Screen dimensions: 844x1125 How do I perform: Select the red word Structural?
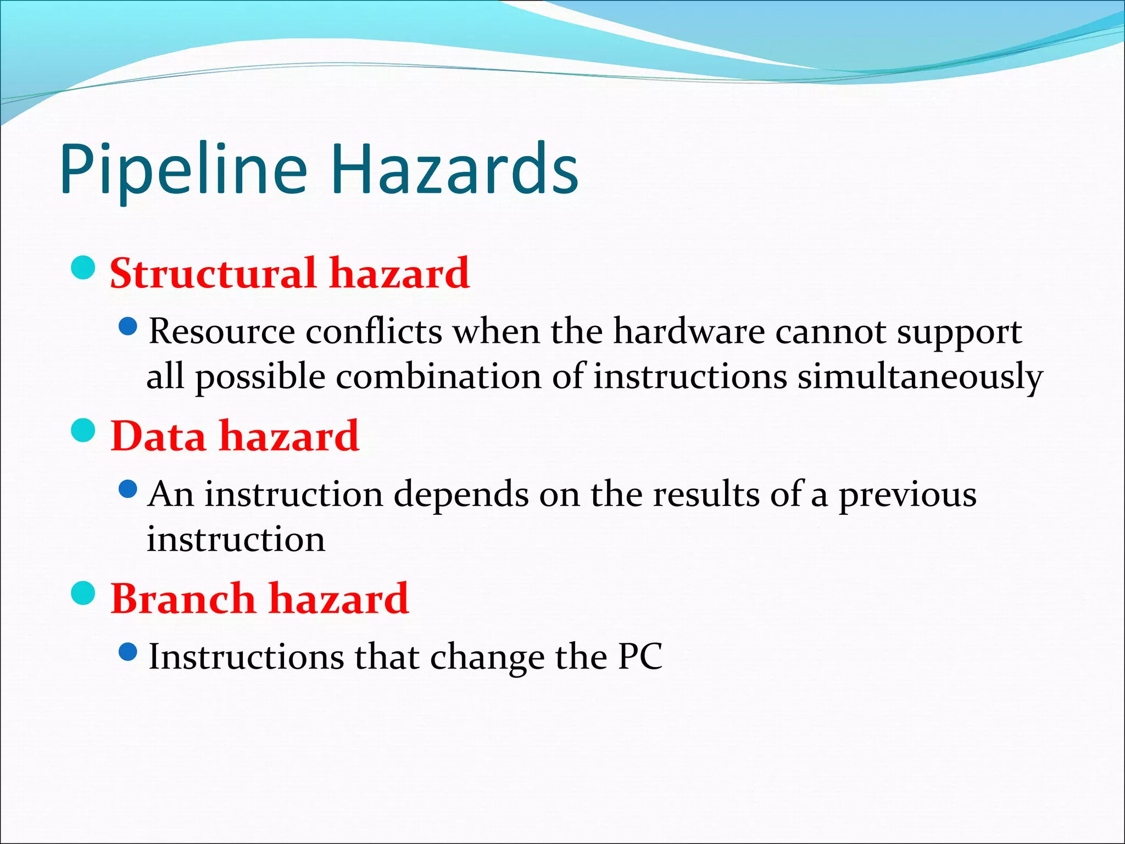point(213,273)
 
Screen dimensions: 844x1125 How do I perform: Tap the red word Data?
point(158,436)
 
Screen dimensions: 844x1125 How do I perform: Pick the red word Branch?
point(183,598)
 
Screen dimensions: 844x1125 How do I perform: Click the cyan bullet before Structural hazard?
point(83,268)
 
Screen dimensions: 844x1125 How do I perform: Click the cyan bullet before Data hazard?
point(83,430)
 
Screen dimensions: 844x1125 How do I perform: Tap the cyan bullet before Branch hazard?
point(83,592)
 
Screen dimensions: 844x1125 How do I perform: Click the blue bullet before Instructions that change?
point(127,652)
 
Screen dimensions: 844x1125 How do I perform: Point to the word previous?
point(907,495)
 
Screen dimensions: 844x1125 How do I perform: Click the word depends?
point(461,495)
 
